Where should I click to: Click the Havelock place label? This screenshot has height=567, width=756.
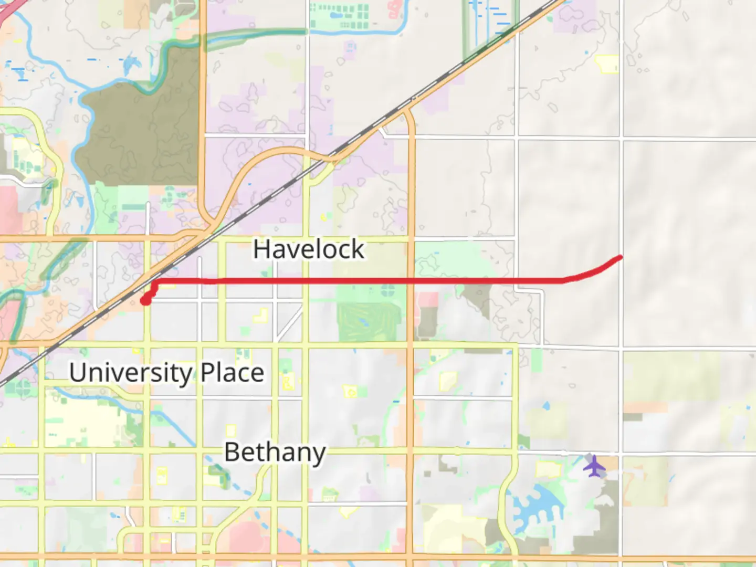point(309,249)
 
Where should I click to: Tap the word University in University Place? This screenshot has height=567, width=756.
point(131,373)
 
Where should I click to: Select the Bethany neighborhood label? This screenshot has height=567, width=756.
point(275,452)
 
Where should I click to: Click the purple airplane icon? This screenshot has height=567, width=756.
point(594,466)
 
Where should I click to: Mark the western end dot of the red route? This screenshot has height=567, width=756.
point(145,300)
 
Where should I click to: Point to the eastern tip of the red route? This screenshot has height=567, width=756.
point(621,257)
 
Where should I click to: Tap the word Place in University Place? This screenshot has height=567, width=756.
point(232,373)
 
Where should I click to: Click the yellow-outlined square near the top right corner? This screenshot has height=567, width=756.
point(607,64)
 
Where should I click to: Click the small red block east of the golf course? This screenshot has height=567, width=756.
point(428,300)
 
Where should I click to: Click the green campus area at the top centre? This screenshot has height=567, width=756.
point(339,16)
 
